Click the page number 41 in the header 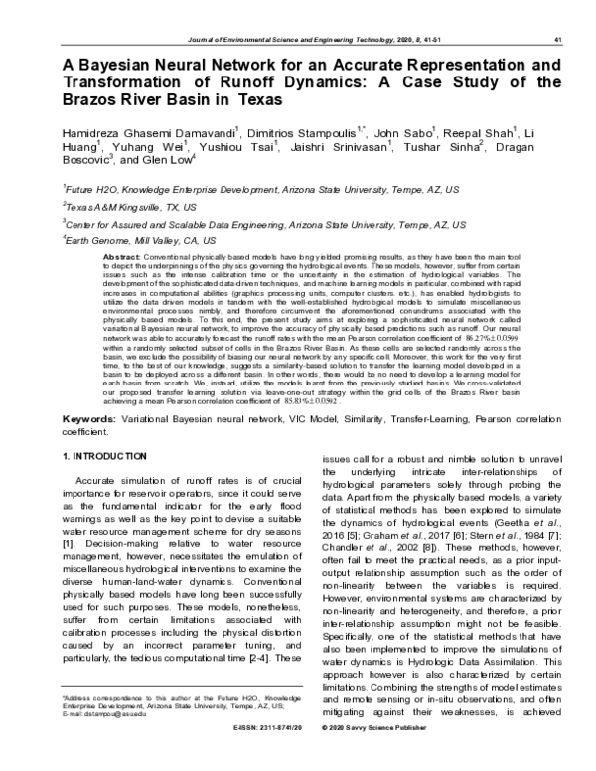560,39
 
